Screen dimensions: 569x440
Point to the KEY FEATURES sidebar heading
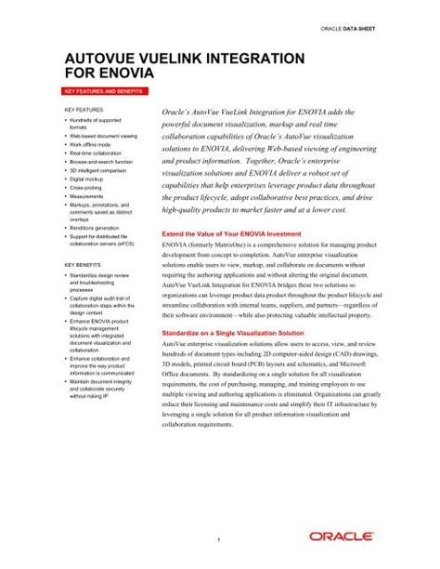pos(83,110)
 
